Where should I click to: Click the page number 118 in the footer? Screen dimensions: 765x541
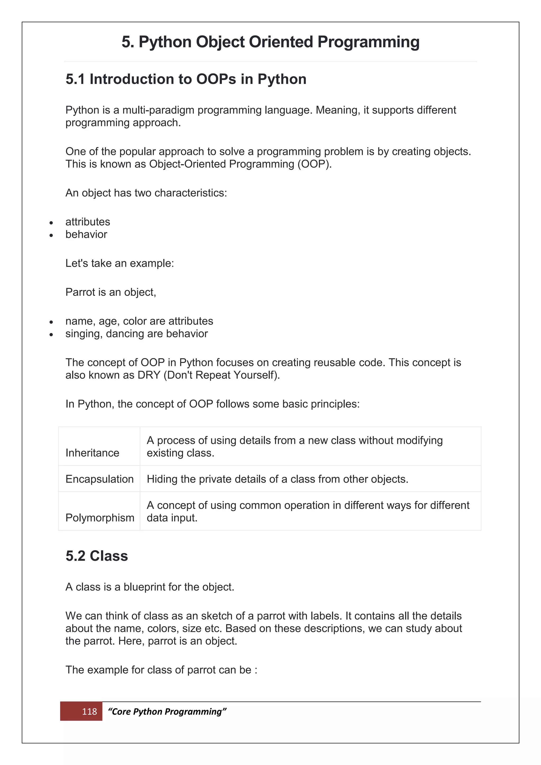(x=89, y=711)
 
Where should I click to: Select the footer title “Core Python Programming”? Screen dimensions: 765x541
(x=167, y=711)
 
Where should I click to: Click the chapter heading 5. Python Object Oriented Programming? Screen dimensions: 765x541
(x=270, y=42)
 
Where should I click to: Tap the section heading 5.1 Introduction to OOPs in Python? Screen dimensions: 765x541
(x=186, y=79)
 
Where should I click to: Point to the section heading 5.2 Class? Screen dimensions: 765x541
(x=97, y=556)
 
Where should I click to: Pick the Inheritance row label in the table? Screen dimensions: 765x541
(x=92, y=453)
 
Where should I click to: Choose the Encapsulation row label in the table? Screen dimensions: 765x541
(x=99, y=479)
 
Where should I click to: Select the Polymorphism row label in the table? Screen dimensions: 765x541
(x=100, y=517)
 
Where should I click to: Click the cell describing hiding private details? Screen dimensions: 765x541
(x=277, y=479)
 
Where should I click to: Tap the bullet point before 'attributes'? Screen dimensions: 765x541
(x=51, y=223)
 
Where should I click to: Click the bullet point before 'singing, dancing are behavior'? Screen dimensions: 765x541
(x=51, y=334)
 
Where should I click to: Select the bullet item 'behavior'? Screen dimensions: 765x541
(x=86, y=234)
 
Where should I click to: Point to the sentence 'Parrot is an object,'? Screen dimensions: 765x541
(x=111, y=292)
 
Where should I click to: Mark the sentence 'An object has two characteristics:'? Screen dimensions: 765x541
(x=146, y=193)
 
